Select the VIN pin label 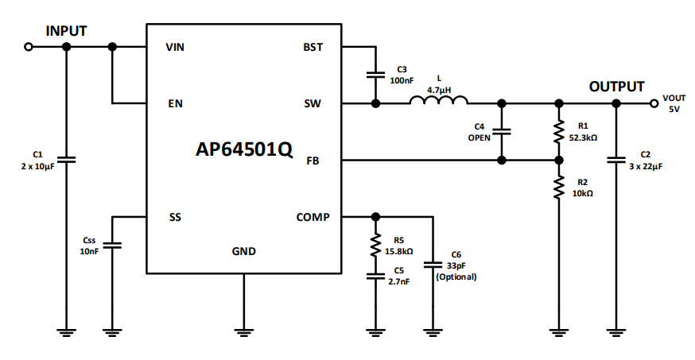click(x=176, y=47)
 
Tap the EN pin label click(x=176, y=104)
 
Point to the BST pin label click(x=313, y=47)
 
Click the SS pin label click(x=175, y=217)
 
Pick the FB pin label click(x=314, y=161)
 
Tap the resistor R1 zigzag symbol click(x=558, y=132)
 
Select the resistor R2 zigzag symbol click(x=558, y=188)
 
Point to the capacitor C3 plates click(x=375, y=75)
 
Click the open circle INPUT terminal click(x=29, y=47)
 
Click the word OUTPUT click(x=616, y=87)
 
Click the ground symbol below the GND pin click(x=243, y=328)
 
